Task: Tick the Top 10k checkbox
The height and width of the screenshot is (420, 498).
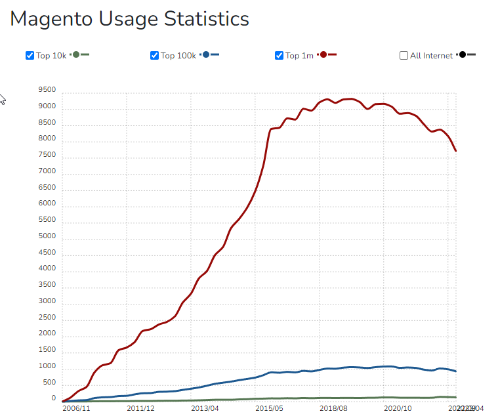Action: [x=30, y=55]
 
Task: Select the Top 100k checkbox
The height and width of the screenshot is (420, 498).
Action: [x=155, y=55]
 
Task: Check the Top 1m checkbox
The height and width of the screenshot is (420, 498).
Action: [x=280, y=55]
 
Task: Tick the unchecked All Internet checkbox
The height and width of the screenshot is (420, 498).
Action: [x=404, y=55]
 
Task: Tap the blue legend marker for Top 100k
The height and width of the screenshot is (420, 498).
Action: [x=207, y=54]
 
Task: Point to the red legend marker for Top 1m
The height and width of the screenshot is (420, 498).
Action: [x=324, y=54]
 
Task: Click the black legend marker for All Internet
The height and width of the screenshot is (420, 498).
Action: [x=463, y=54]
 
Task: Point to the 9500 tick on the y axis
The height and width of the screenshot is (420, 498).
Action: [x=47, y=90]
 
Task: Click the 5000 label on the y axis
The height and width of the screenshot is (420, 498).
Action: [x=47, y=236]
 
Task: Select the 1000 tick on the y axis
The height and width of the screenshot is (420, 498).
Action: [x=47, y=366]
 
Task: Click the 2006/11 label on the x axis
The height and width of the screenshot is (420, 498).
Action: [x=75, y=408]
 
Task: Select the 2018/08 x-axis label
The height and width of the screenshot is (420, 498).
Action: [x=333, y=408]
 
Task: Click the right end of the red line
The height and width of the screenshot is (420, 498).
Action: [x=456, y=151]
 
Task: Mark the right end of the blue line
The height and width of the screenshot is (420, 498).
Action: [x=456, y=371]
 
